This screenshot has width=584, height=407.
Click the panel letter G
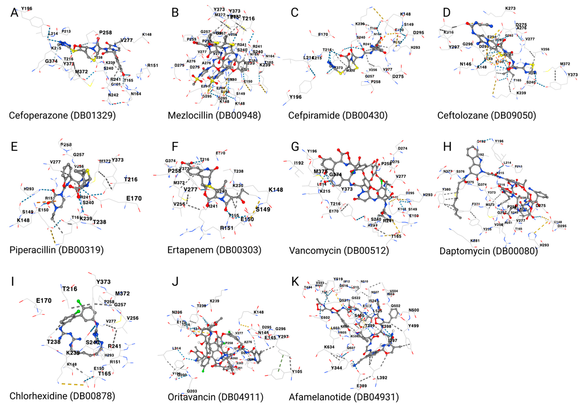[295, 147]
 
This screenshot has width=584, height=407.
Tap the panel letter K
[295, 281]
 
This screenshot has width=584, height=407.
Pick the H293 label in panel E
[29, 189]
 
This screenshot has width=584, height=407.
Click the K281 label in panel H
[475, 240]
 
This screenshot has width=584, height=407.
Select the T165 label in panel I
[105, 373]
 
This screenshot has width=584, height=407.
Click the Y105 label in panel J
[297, 371]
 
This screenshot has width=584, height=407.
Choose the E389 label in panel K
[361, 386]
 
